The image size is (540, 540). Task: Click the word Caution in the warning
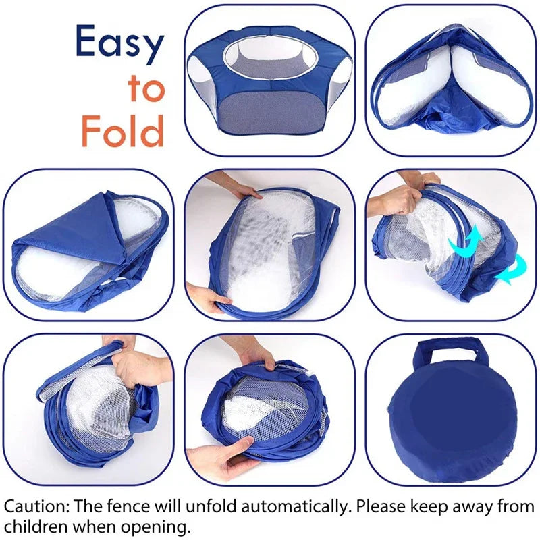click(36, 506)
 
